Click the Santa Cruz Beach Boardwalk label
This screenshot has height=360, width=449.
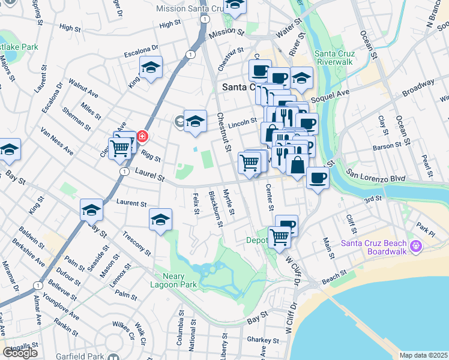(x=373, y=247)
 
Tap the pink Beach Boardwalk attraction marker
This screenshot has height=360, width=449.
(x=416, y=245)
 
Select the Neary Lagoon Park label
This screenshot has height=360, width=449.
(x=177, y=275)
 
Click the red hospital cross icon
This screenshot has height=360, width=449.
(x=142, y=136)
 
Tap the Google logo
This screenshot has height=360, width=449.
(x=20, y=353)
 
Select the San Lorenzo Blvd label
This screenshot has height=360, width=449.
(x=375, y=178)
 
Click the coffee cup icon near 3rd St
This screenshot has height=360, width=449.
(x=317, y=177)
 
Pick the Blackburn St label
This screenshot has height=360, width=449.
(x=215, y=209)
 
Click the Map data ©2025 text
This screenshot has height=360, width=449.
(x=423, y=355)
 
